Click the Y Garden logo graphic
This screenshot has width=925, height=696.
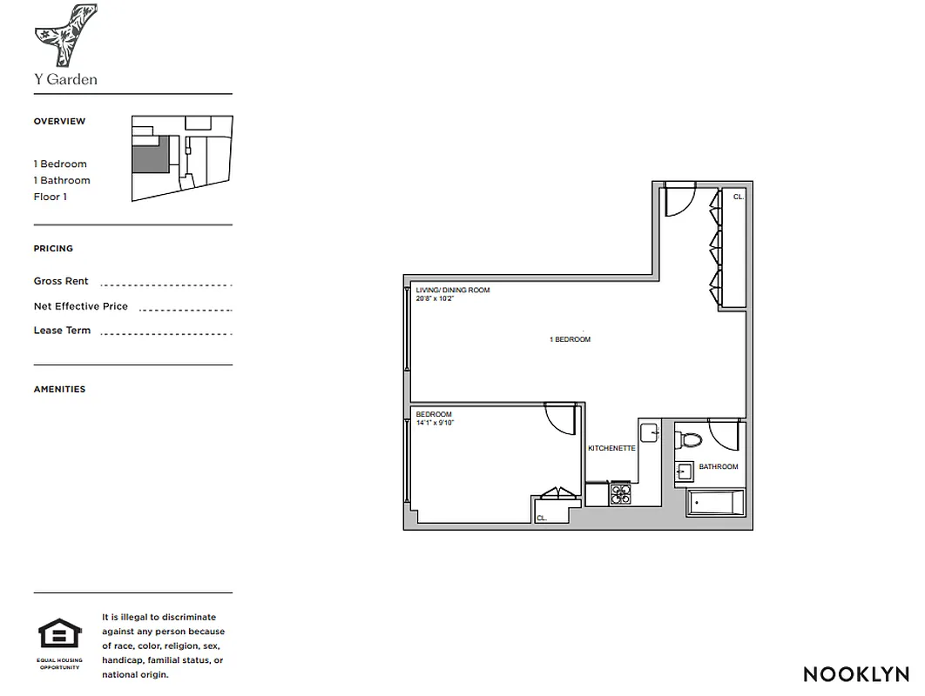click(65, 36)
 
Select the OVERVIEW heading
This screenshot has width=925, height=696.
click(59, 122)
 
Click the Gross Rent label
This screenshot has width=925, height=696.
click(61, 282)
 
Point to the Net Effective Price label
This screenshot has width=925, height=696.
click(81, 306)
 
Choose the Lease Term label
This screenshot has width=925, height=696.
click(62, 331)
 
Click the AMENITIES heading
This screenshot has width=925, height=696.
click(59, 390)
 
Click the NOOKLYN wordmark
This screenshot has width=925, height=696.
click(855, 674)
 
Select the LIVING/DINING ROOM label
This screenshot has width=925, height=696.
click(452, 290)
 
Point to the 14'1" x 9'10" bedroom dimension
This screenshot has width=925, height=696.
click(435, 423)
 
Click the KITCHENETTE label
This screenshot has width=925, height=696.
click(611, 448)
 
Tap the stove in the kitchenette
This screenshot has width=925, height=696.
click(620, 494)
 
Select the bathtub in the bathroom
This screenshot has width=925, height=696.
click(716, 504)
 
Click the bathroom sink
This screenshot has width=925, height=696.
click(684, 472)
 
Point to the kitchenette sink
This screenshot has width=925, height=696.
click(650, 432)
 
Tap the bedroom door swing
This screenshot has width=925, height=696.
click(562, 418)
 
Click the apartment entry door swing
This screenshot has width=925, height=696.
click(679, 200)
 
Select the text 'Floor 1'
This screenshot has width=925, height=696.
click(51, 197)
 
